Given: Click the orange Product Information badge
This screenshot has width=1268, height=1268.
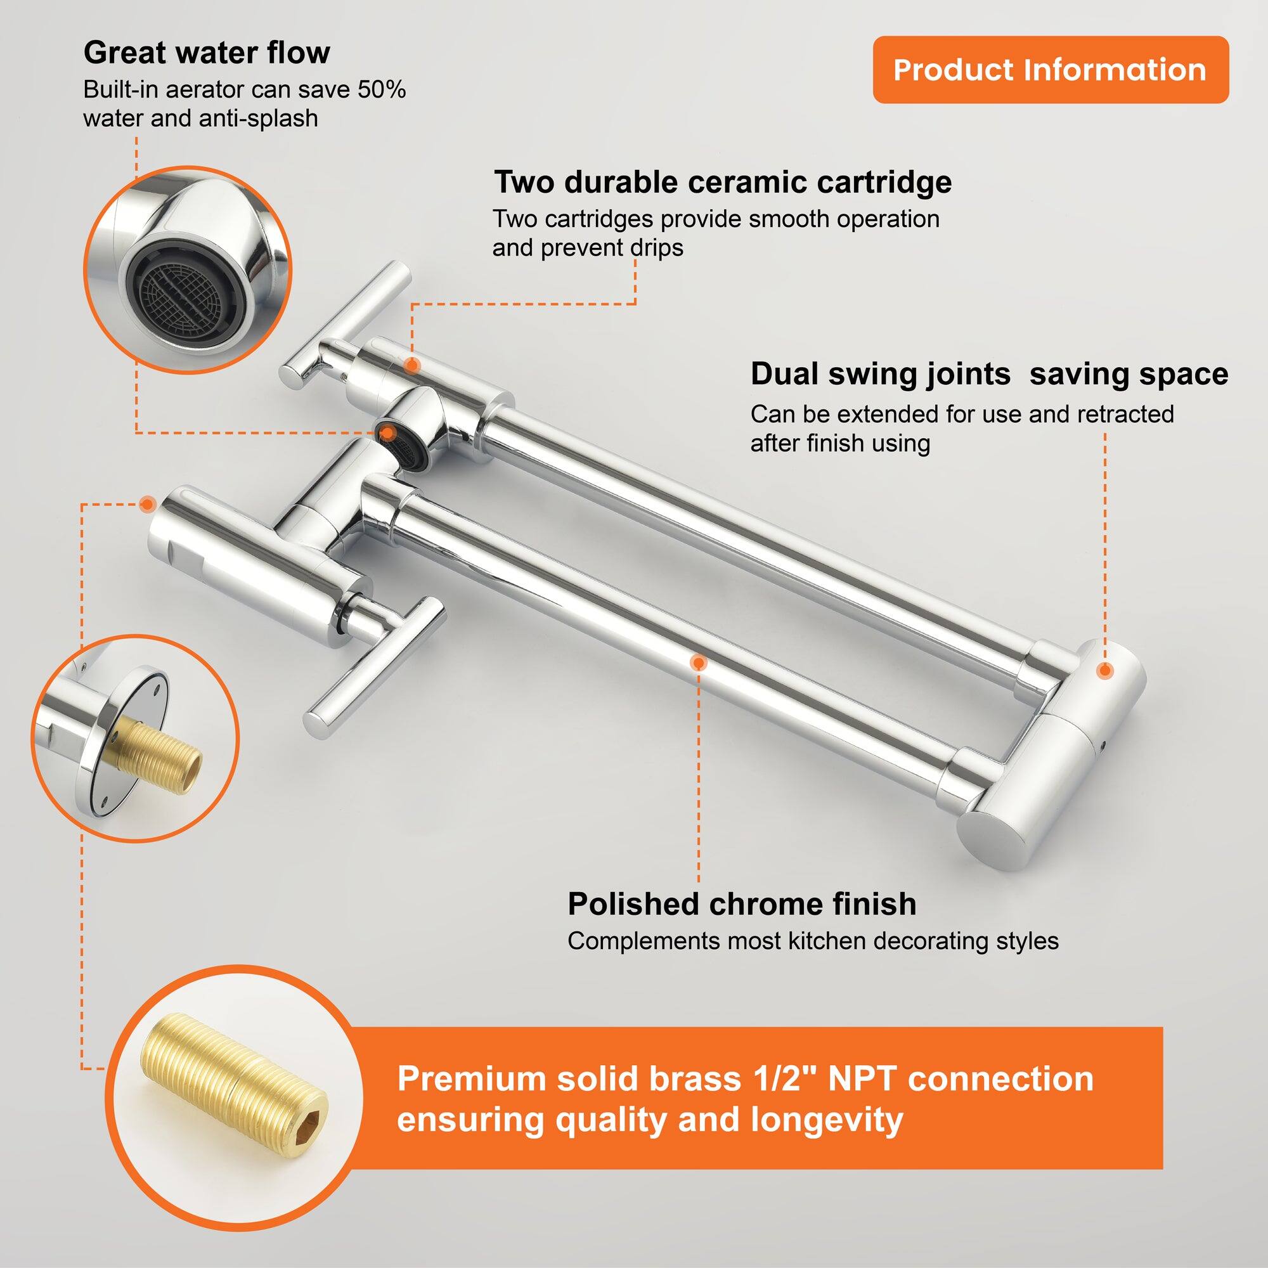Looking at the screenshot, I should tap(1049, 70).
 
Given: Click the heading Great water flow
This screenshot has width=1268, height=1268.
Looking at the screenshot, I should tap(207, 53).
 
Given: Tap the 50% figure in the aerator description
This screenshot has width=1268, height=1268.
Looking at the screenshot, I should tap(381, 90).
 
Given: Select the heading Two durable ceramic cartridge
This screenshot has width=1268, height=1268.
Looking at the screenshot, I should tap(723, 182).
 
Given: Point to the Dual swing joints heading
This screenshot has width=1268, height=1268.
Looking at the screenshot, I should tap(879, 375).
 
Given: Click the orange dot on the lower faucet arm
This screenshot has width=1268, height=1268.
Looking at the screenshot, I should tap(698, 663).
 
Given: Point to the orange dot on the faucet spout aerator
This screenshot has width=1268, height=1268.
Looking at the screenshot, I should tap(388, 433).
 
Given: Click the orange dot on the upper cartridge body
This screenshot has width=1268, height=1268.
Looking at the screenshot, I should tap(412, 365).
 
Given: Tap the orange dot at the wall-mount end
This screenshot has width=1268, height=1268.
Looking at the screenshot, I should tap(148, 504).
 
